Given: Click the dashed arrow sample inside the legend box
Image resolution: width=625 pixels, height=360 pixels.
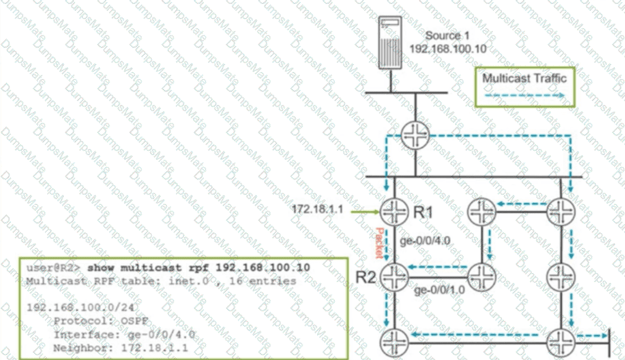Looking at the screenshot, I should coord(524,95).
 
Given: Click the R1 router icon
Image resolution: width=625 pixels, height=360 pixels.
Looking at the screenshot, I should coord(394,212).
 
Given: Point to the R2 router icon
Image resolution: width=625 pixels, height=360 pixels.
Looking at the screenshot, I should coord(394,276).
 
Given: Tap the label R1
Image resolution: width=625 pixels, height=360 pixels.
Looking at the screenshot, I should coord(423,213).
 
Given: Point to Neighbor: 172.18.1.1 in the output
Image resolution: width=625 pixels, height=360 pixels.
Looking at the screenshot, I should coord(120,348).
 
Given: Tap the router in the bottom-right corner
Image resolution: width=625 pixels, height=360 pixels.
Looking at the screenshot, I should coord(562,340).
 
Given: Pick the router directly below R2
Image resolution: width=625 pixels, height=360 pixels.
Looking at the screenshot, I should coord(394,341).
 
